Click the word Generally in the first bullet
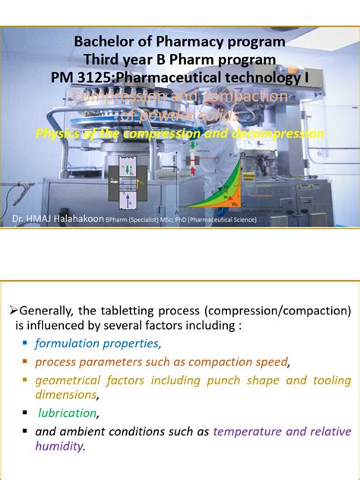49,311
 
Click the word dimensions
65,395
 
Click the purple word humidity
58,447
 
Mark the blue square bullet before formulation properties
26,343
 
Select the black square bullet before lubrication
26,413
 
